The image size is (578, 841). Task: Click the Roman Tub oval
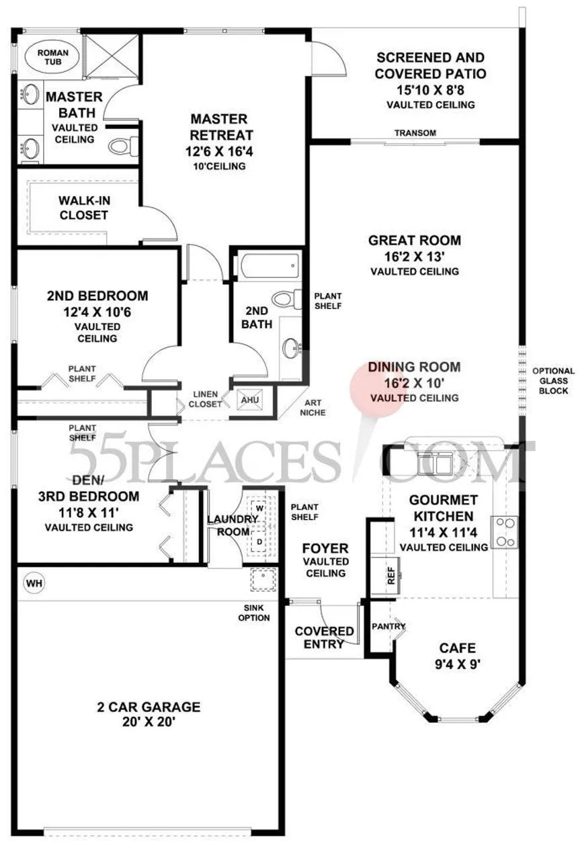(x=52, y=58)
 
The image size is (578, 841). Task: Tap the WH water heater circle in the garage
(x=34, y=583)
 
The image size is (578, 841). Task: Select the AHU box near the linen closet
(x=250, y=400)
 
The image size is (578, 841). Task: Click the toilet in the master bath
(x=124, y=146)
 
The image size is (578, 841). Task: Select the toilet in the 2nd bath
(x=287, y=299)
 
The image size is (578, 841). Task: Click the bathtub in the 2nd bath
(x=270, y=267)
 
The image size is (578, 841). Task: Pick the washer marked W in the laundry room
(x=259, y=508)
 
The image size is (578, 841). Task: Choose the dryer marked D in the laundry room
(x=259, y=542)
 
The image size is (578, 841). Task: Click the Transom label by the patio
(x=415, y=133)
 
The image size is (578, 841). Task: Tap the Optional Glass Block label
(x=553, y=381)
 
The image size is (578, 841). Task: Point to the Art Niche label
(x=313, y=407)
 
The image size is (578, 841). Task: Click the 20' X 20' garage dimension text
(x=149, y=721)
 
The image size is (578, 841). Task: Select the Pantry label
(x=388, y=626)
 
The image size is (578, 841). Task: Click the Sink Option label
(x=254, y=613)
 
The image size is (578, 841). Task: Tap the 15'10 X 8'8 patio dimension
(x=430, y=90)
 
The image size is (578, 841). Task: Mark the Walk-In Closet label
(x=84, y=208)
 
